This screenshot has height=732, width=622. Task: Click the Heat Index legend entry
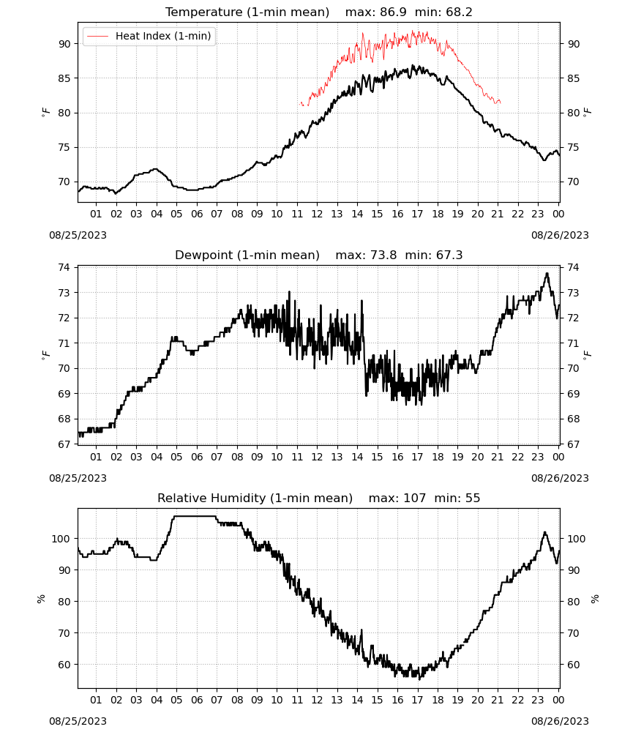coord(149,36)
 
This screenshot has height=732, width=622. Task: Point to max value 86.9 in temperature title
coord(393,12)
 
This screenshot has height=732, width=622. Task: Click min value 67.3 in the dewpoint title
coord(449,255)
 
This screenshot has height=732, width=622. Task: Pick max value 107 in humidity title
coord(415,498)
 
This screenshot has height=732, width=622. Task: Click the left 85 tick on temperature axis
coord(64,78)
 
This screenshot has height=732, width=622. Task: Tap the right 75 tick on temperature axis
coord(574,148)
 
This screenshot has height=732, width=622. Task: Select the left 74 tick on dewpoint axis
coord(64,267)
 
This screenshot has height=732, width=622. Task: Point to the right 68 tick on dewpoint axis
coord(574,419)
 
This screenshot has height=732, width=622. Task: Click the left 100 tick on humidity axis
coord(61,539)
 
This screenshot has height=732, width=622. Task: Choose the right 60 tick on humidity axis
coord(574,665)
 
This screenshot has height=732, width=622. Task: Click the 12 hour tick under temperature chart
coord(317,214)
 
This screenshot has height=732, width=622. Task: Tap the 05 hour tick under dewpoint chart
coord(176,457)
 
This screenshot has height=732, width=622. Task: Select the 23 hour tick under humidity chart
coord(538,701)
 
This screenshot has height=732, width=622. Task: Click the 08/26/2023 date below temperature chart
coord(560,235)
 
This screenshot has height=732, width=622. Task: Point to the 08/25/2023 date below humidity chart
coord(78,721)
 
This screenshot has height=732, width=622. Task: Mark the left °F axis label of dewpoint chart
coord(45,354)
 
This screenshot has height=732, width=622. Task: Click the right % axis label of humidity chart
coord(595,599)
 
